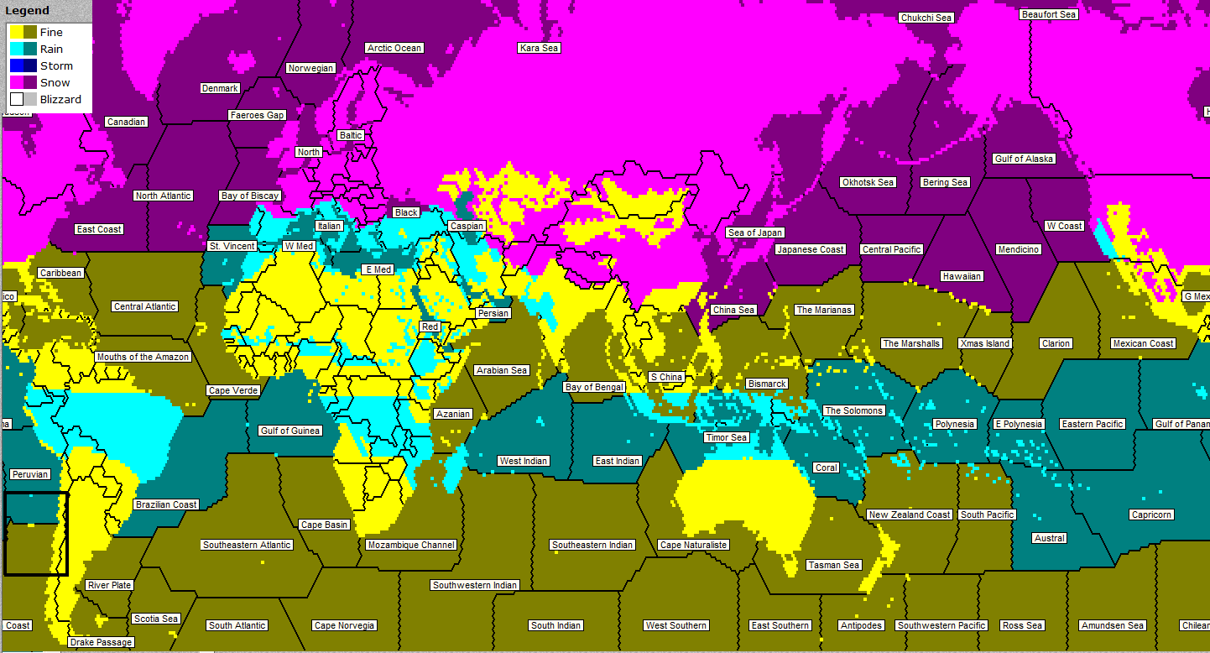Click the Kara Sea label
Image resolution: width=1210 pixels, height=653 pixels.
(x=539, y=48)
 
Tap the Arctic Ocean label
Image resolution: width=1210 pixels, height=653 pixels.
(x=394, y=48)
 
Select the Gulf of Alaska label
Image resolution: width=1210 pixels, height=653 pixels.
(x=1024, y=159)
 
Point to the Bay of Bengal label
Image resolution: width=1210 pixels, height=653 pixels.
(x=595, y=387)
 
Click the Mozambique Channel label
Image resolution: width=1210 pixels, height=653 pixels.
(x=411, y=545)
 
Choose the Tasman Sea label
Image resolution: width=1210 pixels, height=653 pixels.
(x=833, y=565)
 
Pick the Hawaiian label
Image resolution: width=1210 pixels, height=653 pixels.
(x=962, y=276)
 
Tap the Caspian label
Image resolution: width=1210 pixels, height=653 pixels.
(x=467, y=226)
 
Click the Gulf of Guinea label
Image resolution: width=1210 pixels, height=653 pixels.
(x=290, y=431)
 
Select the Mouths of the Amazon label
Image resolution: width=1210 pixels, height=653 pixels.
(x=143, y=357)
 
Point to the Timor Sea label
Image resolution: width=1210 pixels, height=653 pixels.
(x=726, y=437)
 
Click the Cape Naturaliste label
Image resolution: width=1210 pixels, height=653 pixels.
(x=694, y=545)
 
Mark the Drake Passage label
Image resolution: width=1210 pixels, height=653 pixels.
(x=102, y=642)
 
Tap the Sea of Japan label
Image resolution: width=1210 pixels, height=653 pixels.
(x=755, y=232)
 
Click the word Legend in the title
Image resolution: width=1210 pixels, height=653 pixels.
(x=28, y=11)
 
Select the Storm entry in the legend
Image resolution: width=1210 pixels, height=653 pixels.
(x=56, y=65)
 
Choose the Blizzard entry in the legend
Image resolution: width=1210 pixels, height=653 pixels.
(x=60, y=99)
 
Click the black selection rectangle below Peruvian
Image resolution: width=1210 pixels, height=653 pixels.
(x=35, y=534)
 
